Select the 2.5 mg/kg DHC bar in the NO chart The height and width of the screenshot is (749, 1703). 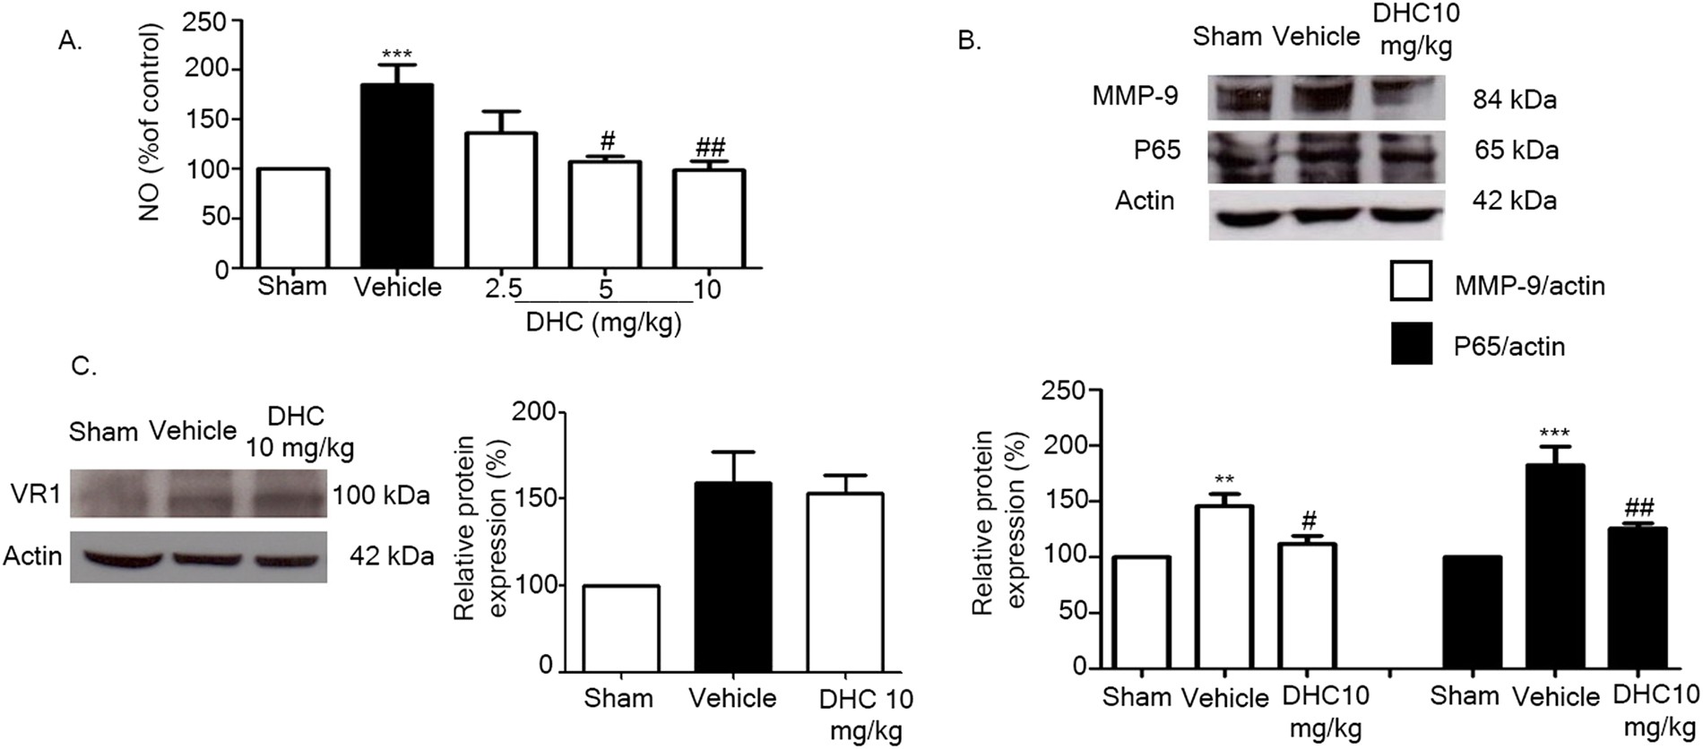tap(500, 201)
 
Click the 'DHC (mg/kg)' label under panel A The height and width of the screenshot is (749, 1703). tap(603, 323)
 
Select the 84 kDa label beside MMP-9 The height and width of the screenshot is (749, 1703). tap(1514, 100)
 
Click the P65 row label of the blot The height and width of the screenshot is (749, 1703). tap(1157, 151)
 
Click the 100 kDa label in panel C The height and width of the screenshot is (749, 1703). tap(381, 495)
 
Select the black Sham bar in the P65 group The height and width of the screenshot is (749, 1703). tap(1466, 613)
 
